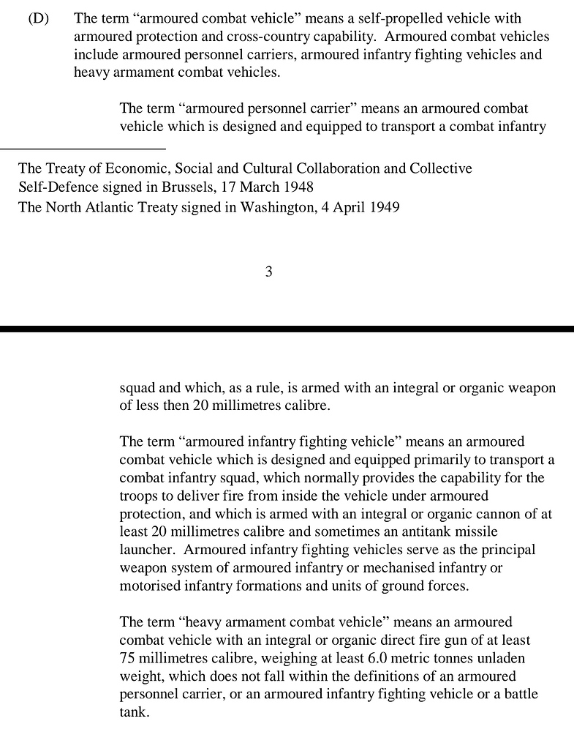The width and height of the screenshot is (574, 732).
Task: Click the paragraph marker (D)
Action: (38, 18)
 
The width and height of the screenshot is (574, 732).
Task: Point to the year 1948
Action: (298, 187)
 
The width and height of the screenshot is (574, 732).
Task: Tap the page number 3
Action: (268, 272)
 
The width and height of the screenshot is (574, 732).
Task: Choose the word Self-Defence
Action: (55, 187)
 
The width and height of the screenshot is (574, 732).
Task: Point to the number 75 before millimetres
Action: (127, 657)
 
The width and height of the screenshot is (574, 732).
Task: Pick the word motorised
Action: (149, 586)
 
